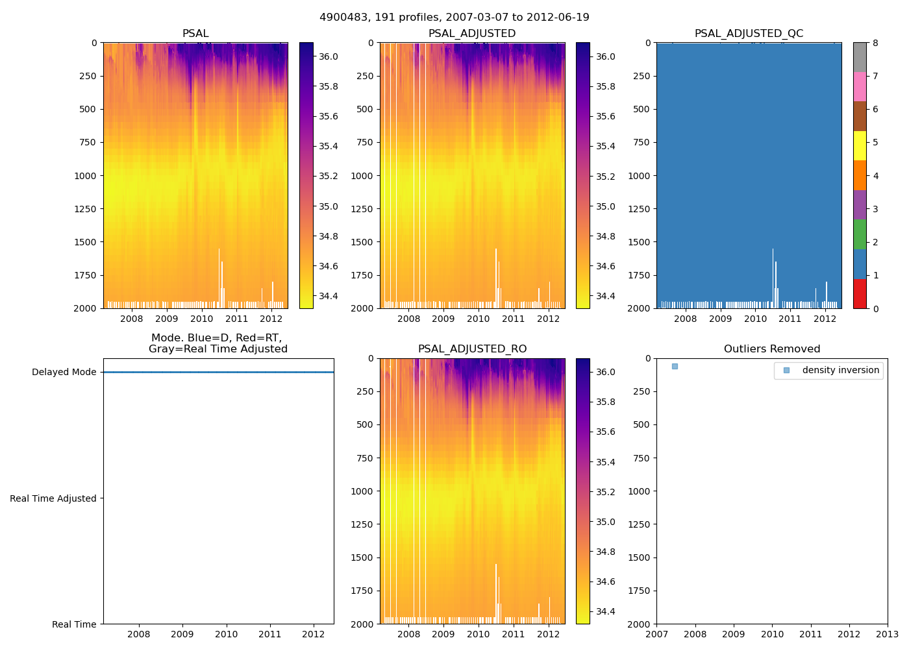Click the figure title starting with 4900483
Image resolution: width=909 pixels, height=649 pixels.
454,18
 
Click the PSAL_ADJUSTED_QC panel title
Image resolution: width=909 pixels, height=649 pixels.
749,34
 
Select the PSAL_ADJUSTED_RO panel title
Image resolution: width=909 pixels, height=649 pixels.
472,349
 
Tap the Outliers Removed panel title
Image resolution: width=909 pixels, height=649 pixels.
772,349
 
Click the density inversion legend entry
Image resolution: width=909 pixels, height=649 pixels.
840,370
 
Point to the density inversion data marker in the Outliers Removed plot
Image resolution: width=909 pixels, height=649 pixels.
675,367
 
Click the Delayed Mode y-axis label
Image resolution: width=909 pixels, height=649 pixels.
64,372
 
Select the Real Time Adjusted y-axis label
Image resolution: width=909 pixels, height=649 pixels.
53,498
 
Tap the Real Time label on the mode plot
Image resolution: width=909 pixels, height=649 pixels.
74,624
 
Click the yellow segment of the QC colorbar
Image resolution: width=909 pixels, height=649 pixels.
860,145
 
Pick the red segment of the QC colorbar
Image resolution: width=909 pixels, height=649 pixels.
860,293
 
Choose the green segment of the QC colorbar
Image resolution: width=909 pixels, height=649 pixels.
860,234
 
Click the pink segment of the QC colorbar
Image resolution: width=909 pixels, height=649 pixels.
860,86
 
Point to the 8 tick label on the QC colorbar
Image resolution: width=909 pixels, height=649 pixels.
875,43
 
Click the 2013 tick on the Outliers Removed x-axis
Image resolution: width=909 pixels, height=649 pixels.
888,634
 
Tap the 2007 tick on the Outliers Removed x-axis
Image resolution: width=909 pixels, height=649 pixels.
656,634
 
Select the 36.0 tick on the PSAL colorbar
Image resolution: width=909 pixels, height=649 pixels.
328,56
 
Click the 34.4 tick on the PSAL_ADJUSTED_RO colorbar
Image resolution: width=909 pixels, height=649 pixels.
605,611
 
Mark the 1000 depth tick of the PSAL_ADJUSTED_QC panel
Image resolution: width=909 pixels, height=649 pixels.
639,176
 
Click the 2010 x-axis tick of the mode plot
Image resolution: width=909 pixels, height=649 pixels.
227,634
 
